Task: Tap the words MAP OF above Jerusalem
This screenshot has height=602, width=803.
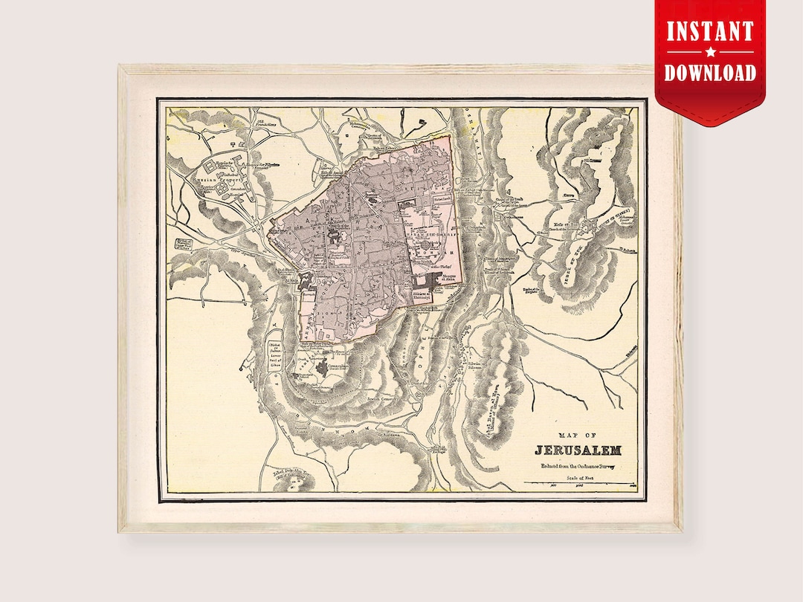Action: pos(577,436)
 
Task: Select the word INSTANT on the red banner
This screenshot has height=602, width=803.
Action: pos(709,32)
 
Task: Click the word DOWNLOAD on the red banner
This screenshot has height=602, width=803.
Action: pos(709,72)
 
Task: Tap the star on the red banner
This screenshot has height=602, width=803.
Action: pos(709,52)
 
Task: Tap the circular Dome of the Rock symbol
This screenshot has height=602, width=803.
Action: pos(425,245)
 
